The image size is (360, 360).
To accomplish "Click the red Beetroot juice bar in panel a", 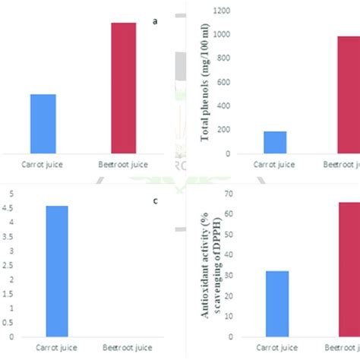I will [x=124, y=88].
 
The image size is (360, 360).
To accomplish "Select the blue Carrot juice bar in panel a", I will [x=43, y=124].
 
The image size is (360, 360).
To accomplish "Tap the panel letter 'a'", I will [x=155, y=21].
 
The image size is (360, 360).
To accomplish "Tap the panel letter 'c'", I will [x=155, y=201].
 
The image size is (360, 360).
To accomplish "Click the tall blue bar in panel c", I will [x=56, y=270].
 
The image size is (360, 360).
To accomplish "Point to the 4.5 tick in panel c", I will [x=8, y=208].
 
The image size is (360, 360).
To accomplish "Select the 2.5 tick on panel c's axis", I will [x=8, y=265].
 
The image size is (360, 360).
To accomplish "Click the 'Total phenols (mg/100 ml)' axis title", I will [x=204, y=82].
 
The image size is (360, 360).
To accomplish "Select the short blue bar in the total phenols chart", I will [x=275, y=142].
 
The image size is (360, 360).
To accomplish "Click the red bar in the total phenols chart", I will [x=349, y=94].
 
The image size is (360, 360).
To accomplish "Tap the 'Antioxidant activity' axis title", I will [x=204, y=264].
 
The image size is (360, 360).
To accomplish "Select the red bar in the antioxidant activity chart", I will [x=349, y=269].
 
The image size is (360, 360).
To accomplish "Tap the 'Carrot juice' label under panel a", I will [x=43, y=163].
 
